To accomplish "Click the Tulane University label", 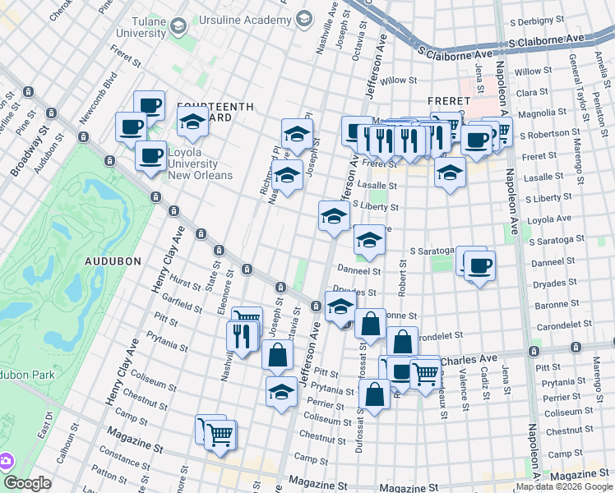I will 141,26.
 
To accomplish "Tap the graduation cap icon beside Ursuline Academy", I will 304,18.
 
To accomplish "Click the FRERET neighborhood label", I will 448,100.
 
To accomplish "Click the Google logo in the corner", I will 27,483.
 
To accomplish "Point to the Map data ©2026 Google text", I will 564,486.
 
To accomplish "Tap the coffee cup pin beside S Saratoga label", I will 479,266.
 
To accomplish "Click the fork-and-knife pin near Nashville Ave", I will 242,335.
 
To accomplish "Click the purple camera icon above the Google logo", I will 6,461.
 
